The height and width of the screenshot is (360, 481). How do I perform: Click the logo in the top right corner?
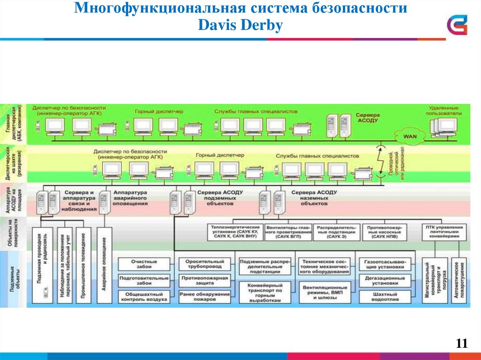pyautogui.click(x=457, y=24)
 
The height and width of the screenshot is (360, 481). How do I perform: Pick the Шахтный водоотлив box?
pyautogui.click(x=384, y=297)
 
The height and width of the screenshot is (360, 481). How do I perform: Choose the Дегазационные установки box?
pyautogui.click(x=384, y=281)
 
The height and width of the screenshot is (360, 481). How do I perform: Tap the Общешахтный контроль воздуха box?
pyautogui.click(x=144, y=297)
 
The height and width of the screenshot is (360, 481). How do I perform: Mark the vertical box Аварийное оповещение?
pyautogui.click(x=104, y=265)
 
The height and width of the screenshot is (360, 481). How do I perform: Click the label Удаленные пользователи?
pyautogui.click(x=444, y=110)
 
